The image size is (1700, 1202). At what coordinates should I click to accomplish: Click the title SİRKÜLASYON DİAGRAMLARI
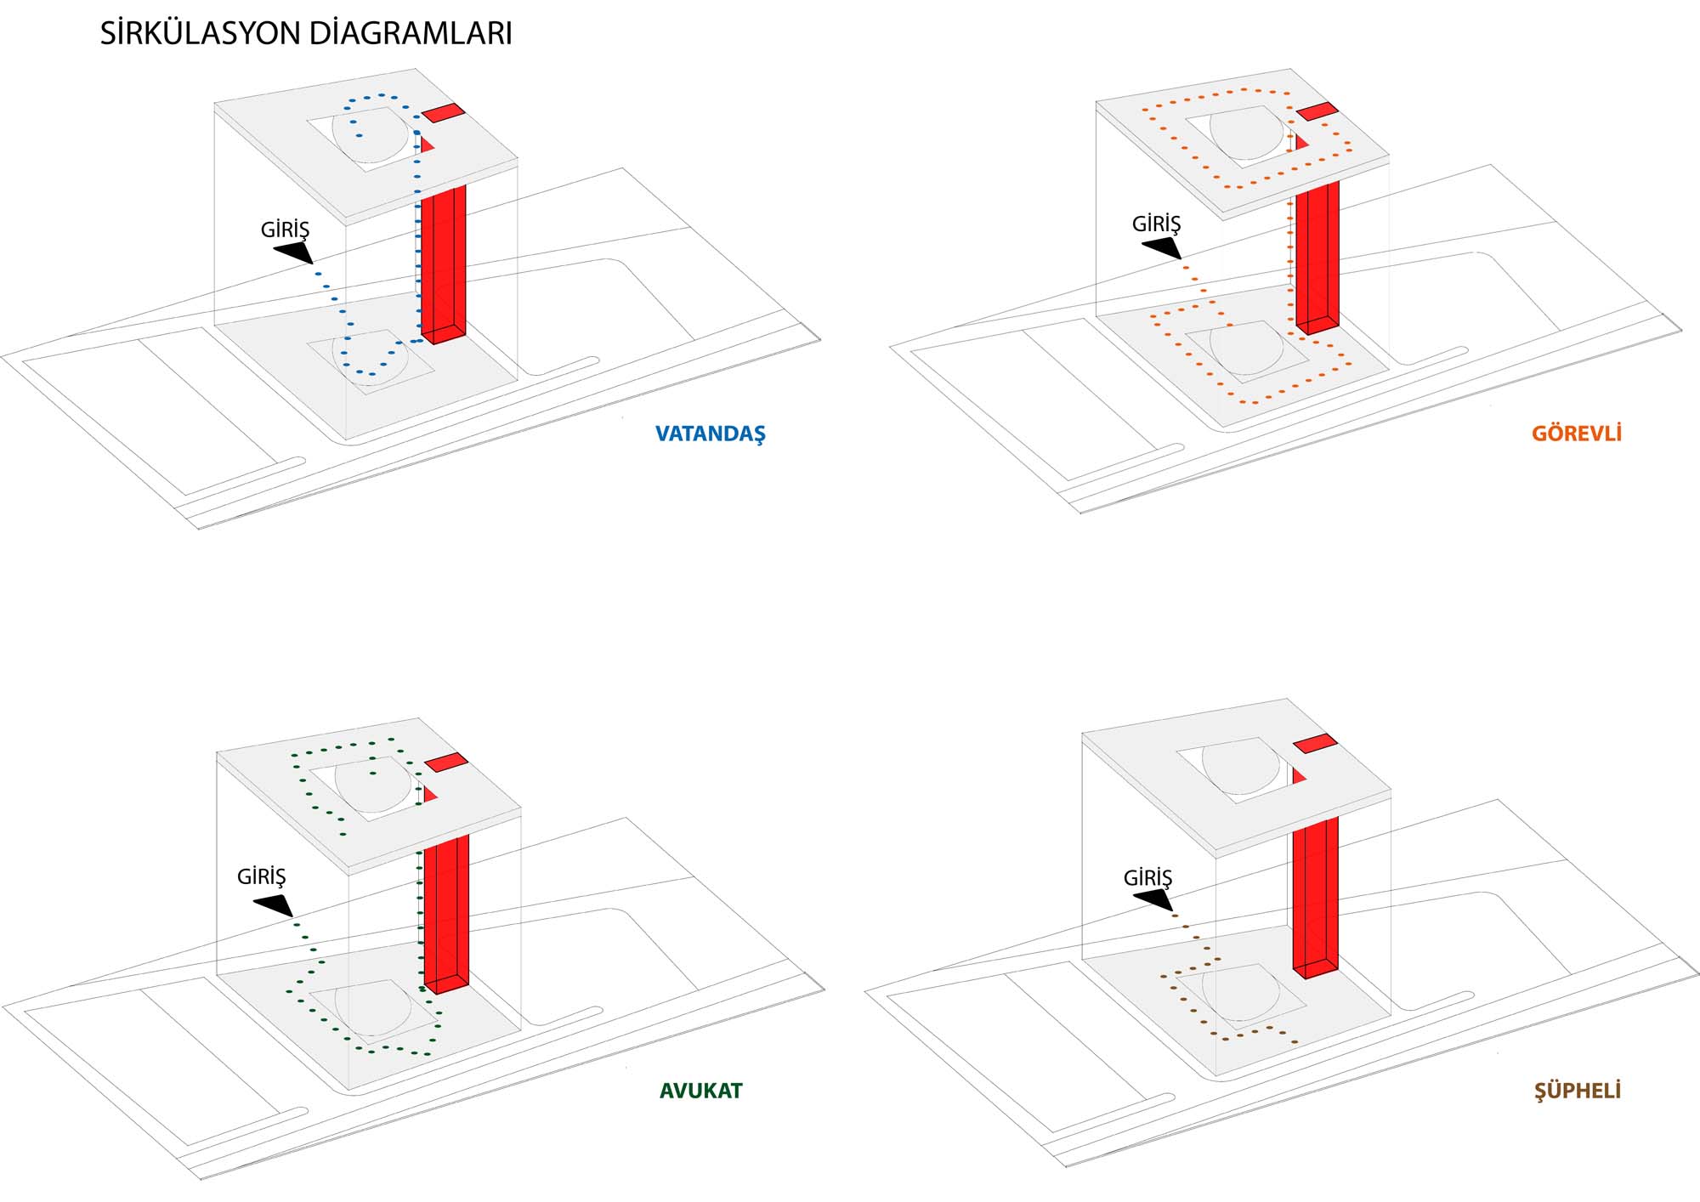coord(306,33)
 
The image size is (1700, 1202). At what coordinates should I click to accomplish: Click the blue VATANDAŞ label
coord(711,434)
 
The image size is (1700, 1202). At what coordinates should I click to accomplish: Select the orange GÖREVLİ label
coord(1577,433)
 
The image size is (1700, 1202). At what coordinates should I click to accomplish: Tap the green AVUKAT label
coord(701,1091)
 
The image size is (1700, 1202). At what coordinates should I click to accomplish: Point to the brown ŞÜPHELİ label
coord(1578,1090)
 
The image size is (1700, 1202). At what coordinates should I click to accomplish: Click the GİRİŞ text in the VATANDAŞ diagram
coord(285,230)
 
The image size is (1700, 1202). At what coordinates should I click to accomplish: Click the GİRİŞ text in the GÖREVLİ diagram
coord(1156,224)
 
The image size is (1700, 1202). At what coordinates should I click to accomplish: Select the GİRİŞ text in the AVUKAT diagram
coord(261,876)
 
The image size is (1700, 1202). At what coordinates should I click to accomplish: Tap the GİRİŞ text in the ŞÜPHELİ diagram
coord(1147,877)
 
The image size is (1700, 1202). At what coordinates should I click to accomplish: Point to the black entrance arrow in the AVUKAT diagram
coord(274,904)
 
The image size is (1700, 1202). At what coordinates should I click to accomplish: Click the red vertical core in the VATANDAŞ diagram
coord(443,264)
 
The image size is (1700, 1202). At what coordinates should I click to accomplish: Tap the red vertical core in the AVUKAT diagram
coord(446,914)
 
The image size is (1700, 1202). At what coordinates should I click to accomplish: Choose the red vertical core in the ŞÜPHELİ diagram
coord(1315,897)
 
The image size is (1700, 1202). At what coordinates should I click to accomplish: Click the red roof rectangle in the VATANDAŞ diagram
coord(444,113)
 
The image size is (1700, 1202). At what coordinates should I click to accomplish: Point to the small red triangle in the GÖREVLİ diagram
coord(1300,143)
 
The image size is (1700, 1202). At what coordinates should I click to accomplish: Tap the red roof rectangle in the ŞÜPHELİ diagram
coord(1316,743)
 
